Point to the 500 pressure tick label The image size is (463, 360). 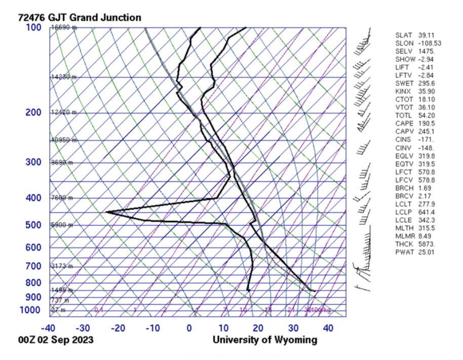pos(33,225)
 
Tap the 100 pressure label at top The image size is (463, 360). pos(33,27)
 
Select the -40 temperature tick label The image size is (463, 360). pos(49,328)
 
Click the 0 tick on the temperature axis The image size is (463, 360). pos(189,328)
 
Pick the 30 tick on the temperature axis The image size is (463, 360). pos(293,328)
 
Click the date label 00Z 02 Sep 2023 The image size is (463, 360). pos(55,340)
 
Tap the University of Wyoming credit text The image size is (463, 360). pos(265,340)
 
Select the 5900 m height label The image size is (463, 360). pos(62,225)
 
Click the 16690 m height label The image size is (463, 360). pos(64,28)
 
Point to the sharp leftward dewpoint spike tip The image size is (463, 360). pos(106,212)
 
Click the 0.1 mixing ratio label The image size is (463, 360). pos(99,310)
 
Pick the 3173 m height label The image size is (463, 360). pos(62,266)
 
